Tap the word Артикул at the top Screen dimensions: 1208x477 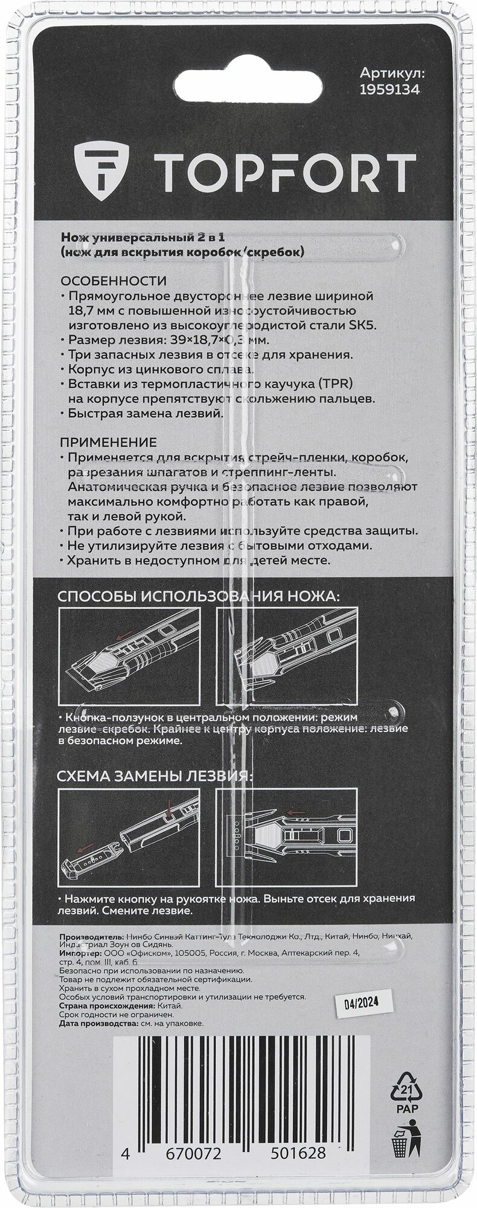(393, 73)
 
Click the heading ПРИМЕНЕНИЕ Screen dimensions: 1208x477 (109, 443)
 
